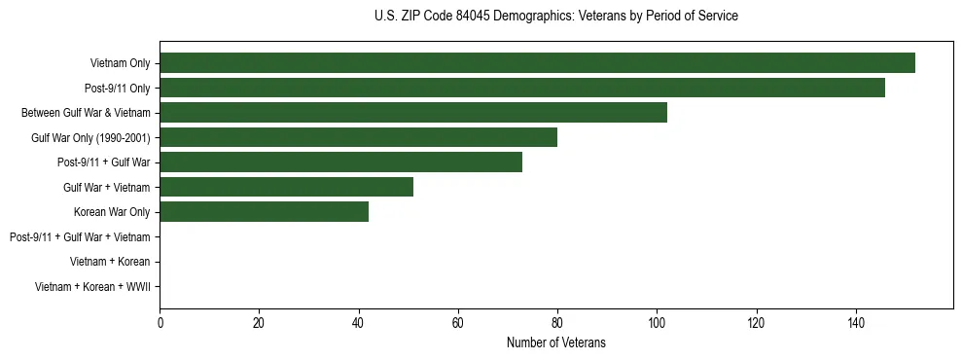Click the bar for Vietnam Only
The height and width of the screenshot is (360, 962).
tap(537, 63)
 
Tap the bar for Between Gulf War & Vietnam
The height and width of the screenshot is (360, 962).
tap(413, 113)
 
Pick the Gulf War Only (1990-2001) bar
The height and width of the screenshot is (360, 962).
tap(358, 137)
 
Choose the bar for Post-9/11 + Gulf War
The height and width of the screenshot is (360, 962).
tap(340, 162)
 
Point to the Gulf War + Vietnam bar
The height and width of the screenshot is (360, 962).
tap(286, 187)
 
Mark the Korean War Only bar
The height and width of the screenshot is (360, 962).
tap(264, 211)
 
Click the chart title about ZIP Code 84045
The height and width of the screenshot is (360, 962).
tap(555, 17)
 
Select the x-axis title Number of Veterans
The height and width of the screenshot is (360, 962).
tap(555, 342)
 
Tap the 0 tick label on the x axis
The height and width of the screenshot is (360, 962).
tap(160, 323)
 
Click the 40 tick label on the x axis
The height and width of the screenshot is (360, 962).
tap(359, 323)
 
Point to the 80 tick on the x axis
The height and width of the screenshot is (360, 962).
tap(557, 323)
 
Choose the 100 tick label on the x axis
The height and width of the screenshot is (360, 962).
tap(657, 323)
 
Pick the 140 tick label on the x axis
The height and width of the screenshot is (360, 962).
tap(855, 323)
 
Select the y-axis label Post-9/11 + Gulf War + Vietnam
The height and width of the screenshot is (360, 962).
tap(80, 236)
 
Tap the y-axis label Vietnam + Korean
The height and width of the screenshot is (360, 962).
tap(110, 261)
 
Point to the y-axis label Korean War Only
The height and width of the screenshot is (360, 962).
tap(112, 211)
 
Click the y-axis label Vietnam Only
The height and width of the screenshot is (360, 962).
tap(120, 63)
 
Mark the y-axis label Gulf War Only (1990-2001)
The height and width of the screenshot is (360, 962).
tap(90, 137)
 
